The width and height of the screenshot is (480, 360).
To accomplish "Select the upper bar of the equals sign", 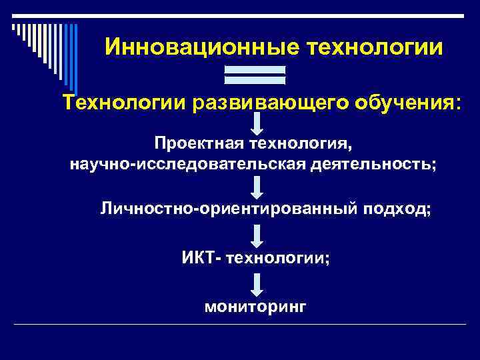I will point(255,69).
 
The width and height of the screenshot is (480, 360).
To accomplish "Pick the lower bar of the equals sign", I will point(255,81).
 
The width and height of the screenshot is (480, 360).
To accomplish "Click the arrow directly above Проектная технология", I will point(257,124).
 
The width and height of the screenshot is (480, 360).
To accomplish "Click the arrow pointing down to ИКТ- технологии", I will point(257,235).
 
